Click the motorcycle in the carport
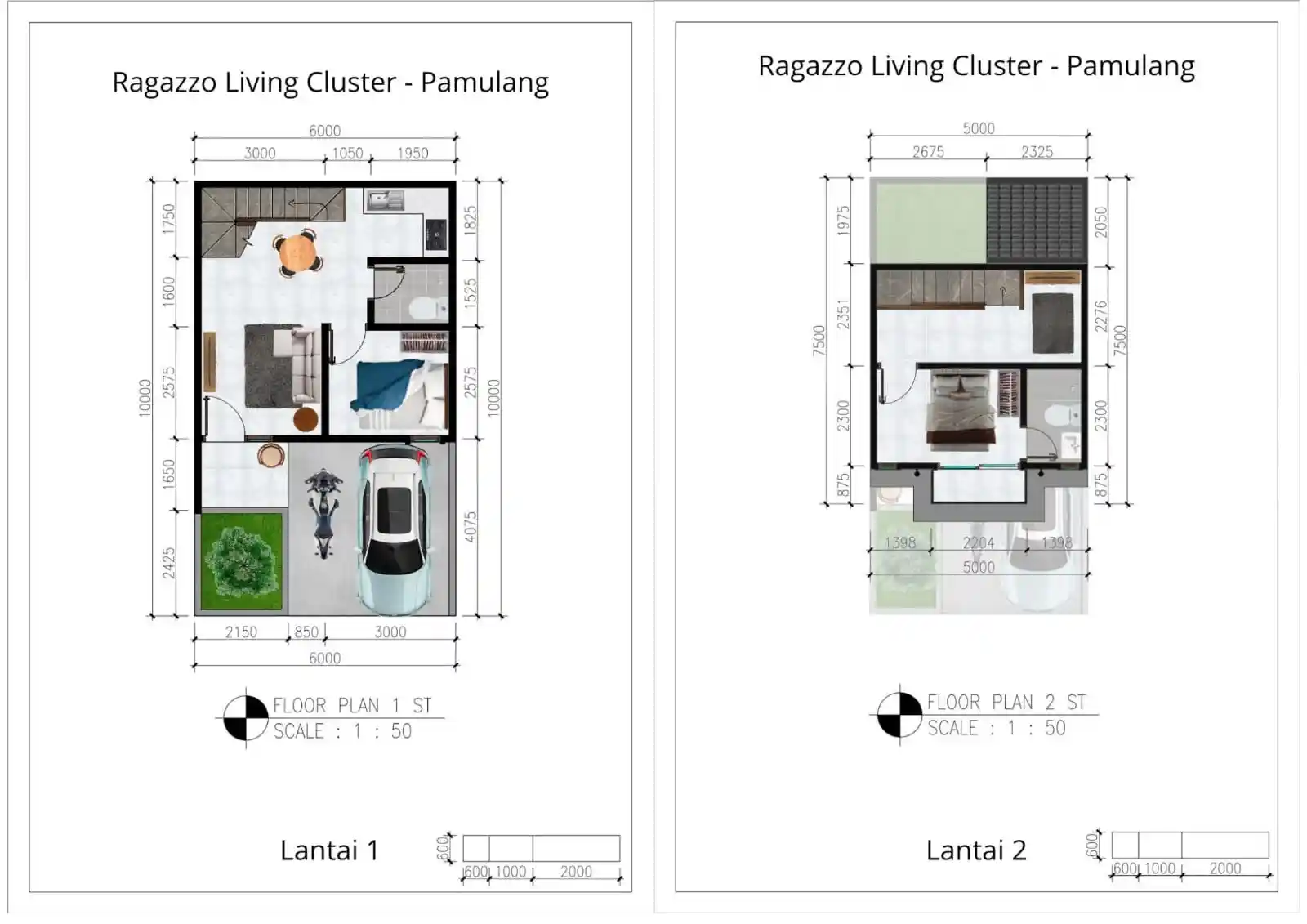323,512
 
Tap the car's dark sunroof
395,507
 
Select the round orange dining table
297,252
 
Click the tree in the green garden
240,560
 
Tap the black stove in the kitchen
435,235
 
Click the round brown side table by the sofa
306,419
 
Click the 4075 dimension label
471,527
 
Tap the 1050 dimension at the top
347,153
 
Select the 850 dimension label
306,632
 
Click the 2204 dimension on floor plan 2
978,542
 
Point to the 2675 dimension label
928,151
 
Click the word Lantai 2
975,850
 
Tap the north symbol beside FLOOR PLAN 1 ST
246,718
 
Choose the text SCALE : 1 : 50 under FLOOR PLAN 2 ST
996,728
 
